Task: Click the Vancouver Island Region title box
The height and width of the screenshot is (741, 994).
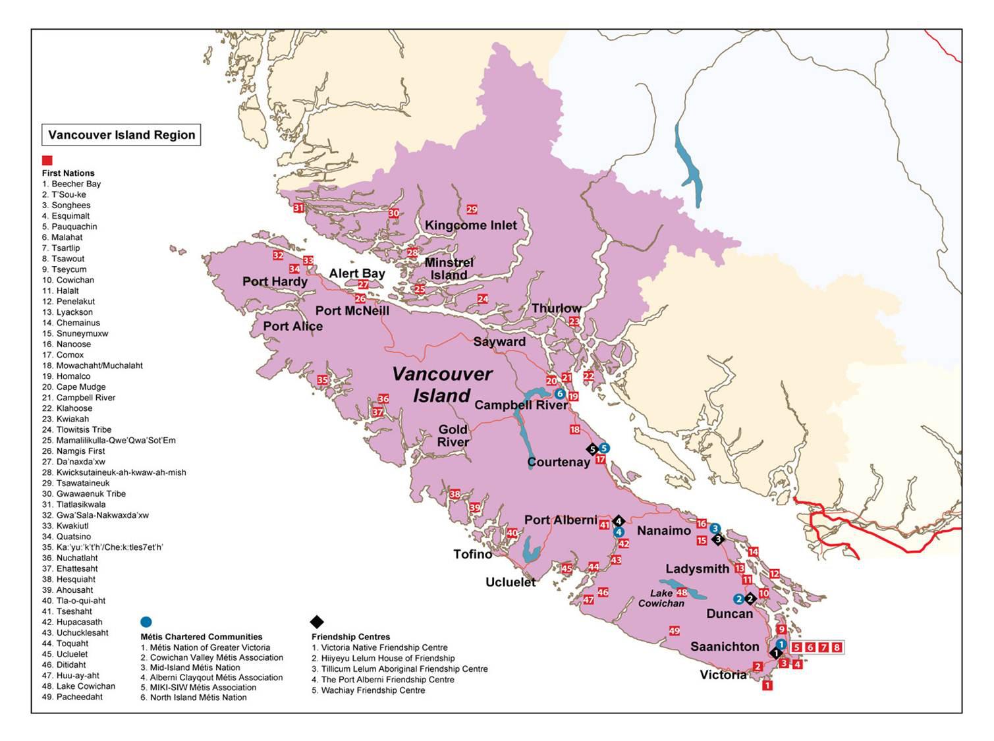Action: [x=121, y=135]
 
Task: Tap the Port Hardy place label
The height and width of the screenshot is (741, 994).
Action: [x=275, y=281]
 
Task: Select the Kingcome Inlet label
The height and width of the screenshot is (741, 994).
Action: [x=470, y=225]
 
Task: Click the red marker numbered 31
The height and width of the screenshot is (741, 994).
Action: [x=298, y=208]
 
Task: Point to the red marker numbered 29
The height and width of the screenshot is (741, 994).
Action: [x=472, y=209]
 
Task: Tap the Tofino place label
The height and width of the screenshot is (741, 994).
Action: [x=472, y=554]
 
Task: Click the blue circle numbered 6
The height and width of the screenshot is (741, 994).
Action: [x=559, y=394]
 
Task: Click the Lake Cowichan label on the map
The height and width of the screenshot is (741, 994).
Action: [x=661, y=598]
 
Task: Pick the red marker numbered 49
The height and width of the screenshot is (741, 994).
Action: [x=674, y=631]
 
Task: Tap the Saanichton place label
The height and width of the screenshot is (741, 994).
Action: [x=725, y=647]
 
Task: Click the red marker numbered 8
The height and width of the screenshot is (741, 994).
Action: [x=837, y=647]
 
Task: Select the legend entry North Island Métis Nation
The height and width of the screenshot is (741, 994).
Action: [x=194, y=698]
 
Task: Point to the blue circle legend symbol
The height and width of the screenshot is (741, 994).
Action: [x=146, y=622]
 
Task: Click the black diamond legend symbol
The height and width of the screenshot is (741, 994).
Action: [x=317, y=622]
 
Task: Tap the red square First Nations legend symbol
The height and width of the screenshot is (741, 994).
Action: [x=47, y=161]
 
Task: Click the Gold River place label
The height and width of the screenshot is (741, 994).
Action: [x=453, y=435]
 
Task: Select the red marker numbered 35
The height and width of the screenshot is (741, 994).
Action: [x=322, y=380]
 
